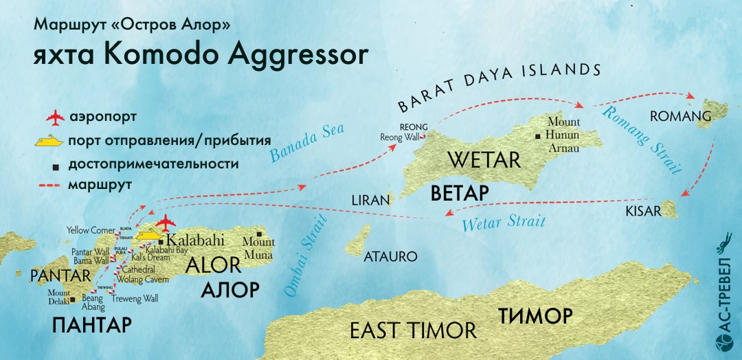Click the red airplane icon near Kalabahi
pyautogui.click(x=165, y=223)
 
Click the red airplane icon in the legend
pyautogui.click(x=54, y=118)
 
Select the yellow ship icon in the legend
pyautogui.click(x=54, y=142)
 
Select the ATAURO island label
pyautogui.click(x=390, y=257)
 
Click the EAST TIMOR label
pyautogui.click(x=413, y=330)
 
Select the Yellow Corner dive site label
pyautogui.click(x=91, y=229)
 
